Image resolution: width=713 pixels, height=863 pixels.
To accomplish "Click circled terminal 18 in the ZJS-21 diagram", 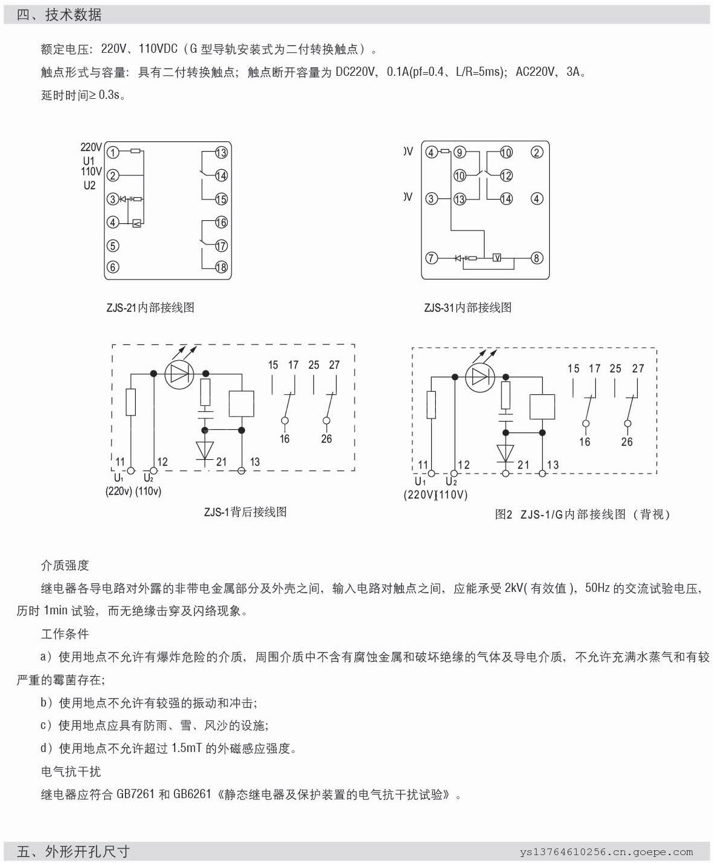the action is click(x=221, y=267).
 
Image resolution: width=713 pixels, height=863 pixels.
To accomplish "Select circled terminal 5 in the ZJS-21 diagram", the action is click(x=113, y=246).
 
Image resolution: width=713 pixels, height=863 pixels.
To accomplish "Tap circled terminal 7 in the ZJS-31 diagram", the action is click(x=431, y=258).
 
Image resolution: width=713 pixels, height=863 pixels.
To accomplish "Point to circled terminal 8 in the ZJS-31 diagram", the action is click(x=537, y=258).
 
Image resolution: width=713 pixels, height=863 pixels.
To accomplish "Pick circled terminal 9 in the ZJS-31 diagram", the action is click(x=460, y=152).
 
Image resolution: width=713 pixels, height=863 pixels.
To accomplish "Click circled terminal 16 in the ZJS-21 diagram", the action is click(x=221, y=223).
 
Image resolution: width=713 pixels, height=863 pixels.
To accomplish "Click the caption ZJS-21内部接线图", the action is click(x=150, y=307).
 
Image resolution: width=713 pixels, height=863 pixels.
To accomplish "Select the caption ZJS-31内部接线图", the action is click(x=468, y=307).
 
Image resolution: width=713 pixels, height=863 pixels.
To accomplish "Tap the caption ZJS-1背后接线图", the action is click(x=245, y=512).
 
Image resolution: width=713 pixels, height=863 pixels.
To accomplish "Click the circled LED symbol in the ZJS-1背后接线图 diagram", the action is click(x=179, y=374).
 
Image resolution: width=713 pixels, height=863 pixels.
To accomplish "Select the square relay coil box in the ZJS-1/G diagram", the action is click(x=542, y=407).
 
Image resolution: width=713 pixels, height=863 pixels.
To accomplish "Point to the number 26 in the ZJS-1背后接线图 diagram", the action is click(x=327, y=439).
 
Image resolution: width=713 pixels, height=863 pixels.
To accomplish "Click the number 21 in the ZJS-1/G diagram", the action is click(x=523, y=465).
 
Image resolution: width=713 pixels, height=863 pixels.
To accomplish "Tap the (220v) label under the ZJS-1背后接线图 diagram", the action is click(x=119, y=491).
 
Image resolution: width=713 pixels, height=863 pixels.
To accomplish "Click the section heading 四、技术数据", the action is click(x=59, y=15).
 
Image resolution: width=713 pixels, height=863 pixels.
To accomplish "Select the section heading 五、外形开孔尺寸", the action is click(x=73, y=851).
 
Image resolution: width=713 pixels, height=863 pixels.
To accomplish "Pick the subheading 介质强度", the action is click(x=65, y=565).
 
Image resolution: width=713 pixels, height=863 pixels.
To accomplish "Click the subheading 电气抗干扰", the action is click(x=71, y=771).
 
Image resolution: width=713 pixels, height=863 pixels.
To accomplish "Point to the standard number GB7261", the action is click(x=136, y=794).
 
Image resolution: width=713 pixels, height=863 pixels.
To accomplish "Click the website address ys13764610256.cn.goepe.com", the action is click(x=606, y=852).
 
